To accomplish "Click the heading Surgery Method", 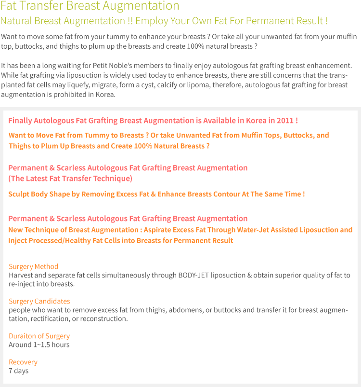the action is click(34, 266).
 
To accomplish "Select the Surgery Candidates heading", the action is click(39, 302).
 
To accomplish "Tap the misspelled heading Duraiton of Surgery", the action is click(39, 336).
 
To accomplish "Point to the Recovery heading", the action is click(23, 362).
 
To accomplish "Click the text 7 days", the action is click(19, 371).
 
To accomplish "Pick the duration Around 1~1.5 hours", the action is click(39, 345).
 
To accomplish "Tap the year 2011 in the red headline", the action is click(285, 121).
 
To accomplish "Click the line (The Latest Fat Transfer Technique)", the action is click(70, 179).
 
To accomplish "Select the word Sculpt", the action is click(18, 194).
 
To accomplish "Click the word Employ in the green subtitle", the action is click(152, 21).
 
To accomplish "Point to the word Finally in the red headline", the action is click(20, 121).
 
